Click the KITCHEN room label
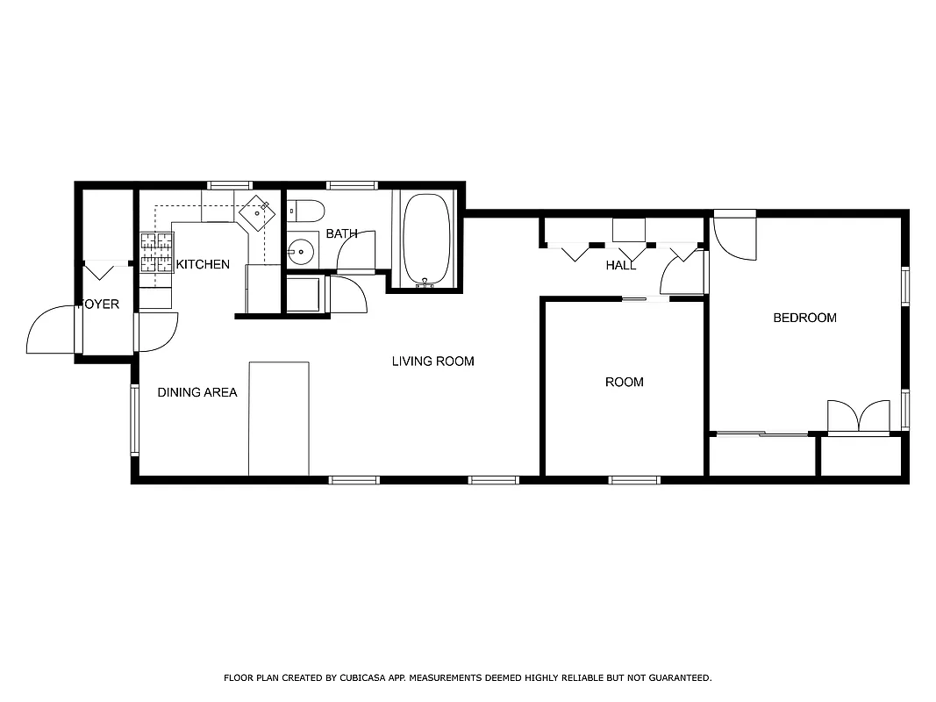pyautogui.click(x=203, y=264)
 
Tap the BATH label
pyautogui.click(x=341, y=233)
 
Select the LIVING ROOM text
pyautogui.click(x=432, y=361)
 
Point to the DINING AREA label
pyautogui.click(x=196, y=392)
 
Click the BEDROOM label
pyautogui.click(x=804, y=318)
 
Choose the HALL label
pyautogui.click(x=620, y=265)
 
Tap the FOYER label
pyautogui.click(x=99, y=304)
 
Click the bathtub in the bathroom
pyautogui.click(x=426, y=238)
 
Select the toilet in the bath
pyautogui.click(x=306, y=211)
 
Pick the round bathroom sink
pyautogui.click(x=301, y=252)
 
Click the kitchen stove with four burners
pyautogui.click(x=155, y=252)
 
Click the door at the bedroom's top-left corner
pyautogui.click(x=734, y=235)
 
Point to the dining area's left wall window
pyautogui.click(x=135, y=419)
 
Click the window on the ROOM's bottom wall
pyautogui.click(x=633, y=480)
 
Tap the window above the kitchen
pyautogui.click(x=229, y=185)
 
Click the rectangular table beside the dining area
pyautogui.click(x=278, y=418)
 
